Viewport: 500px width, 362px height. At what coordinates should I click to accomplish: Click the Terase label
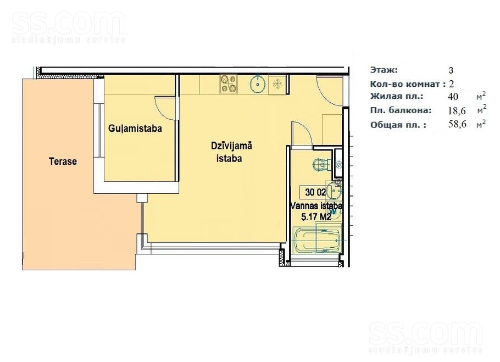[63, 161]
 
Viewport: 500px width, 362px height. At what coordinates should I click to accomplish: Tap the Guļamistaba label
[135, 129]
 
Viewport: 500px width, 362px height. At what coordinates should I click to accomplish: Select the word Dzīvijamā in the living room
[231, 146]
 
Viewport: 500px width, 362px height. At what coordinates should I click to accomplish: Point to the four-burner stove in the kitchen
[229, 84]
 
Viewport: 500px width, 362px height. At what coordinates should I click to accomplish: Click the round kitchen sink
[258, 83]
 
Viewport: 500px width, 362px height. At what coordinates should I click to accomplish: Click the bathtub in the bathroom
[316, 240]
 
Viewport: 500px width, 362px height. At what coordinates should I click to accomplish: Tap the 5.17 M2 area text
[316, 217]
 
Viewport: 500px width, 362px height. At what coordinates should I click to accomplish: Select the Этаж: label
[384, 70]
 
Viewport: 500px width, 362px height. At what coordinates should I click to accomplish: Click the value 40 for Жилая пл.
[453, 96]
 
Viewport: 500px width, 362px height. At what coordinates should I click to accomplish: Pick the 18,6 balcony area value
[457, 110]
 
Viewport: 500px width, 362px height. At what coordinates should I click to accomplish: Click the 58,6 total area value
[457, 124]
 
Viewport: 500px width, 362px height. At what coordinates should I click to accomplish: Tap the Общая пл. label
[398, 125]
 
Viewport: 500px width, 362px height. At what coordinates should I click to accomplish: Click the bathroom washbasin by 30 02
[334, 191]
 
